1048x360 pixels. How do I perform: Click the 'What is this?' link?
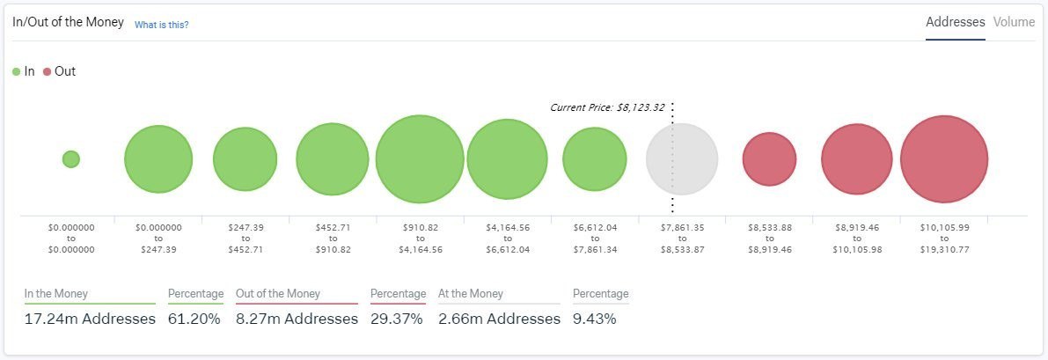pyautogui.click(x=161, y=25)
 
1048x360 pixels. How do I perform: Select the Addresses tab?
pyautogui.click(x=955, y=22)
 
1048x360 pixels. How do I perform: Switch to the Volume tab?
pyautogui.click(x=1014, y=22)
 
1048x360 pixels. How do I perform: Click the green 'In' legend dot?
pyautogui.click(x=17, y=71)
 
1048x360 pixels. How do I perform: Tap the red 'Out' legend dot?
pyautogui.click(x=47, y=71)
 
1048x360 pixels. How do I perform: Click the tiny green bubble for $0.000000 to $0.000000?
pyautogui.click(x=71, y=159)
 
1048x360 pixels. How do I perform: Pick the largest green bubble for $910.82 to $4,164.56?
pyautogui.click(x=420, y=159)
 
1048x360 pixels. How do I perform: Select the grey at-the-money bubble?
pyautogui.click(x=682, y=159)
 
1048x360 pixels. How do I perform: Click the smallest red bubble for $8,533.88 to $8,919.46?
pyautogui.click(x=769, y=159)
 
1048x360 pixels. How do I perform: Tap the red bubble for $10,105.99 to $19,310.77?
pyautogui.click(x=944, y=159)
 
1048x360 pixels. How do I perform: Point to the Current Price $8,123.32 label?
pyautogui.click(x=607, y=107)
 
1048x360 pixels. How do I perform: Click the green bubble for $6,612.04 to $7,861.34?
pyautogui.click(x=595, y=159)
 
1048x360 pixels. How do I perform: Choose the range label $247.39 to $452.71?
pyautogui.click(x=246, y=239)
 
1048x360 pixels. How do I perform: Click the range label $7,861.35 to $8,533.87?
pyautogui.click(x=682, y=239)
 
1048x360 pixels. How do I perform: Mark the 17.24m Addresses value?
pyautogui.click(x=90, y=319)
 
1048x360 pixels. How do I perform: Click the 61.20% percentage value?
pyautogui.click(x=194, y=319)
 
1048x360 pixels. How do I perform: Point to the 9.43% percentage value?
pyautogui.click(x=594, y=319)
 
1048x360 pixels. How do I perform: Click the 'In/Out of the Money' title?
pyautogui.click(x=68, y=22)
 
